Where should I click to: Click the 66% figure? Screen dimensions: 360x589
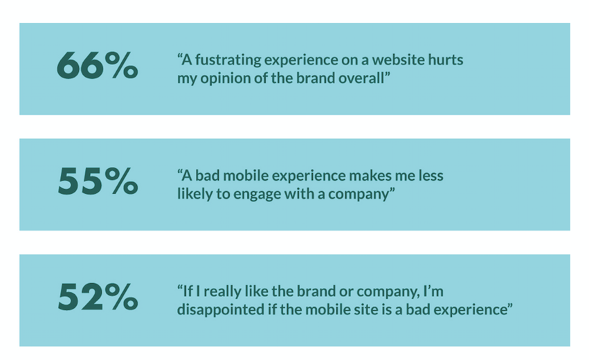(97, 67)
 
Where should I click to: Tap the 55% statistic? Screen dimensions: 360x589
(97, 183)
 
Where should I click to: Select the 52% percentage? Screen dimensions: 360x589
(97, 298)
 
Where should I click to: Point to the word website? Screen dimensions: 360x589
(405, 60)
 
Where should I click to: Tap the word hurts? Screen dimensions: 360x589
(447, 60)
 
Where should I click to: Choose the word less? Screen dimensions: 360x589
(429, 176)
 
